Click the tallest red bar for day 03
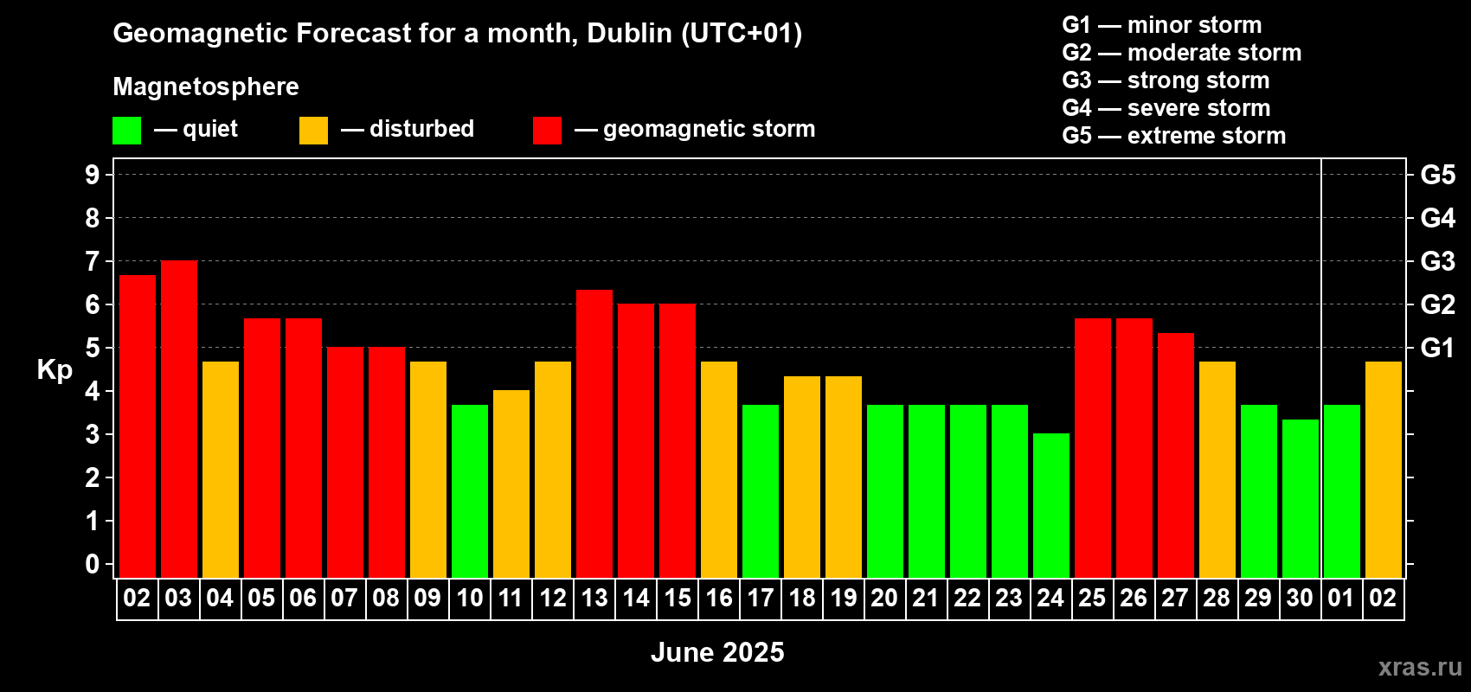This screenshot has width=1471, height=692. tap(179, 420)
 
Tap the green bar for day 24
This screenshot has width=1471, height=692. tap(1051, 506)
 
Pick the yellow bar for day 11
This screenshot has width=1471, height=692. tap(511, 484)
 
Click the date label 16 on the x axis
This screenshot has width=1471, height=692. tap(719, 598)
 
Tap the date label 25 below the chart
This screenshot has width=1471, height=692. tap(1092, 598)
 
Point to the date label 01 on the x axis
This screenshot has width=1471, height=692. tap(1341, 598)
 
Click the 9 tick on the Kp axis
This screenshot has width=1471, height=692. tap(93, 175)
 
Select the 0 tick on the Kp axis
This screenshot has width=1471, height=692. tap(93, 565)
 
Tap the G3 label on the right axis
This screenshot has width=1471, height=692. tap(1437, 261)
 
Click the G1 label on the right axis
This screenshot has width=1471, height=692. tap(1437, 348)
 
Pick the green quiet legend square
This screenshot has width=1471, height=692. tap(126, 131)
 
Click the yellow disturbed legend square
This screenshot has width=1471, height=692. tap(313, 131)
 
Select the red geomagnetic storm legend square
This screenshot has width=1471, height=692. tap(547, 131)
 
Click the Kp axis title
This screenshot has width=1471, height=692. tap(55, 369)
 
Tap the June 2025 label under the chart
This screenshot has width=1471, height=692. tap(717, 652)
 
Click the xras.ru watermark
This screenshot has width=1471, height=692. tap(1420, 667)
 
